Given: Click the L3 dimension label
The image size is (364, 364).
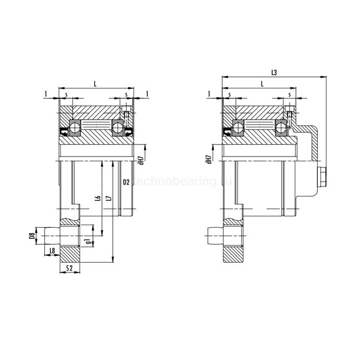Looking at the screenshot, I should (x=274, y=73).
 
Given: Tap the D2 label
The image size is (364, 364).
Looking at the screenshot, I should (x=126, y=182).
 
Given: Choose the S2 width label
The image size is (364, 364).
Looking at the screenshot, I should (x=70, y=268).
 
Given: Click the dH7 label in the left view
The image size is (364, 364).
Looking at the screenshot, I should (x=141, y=159).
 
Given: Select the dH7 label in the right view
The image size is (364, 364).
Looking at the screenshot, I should (x=209, y=159).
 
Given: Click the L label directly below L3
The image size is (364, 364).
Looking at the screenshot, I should (x=262, y=83).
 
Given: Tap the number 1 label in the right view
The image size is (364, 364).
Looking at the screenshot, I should (x=209, y=94).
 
